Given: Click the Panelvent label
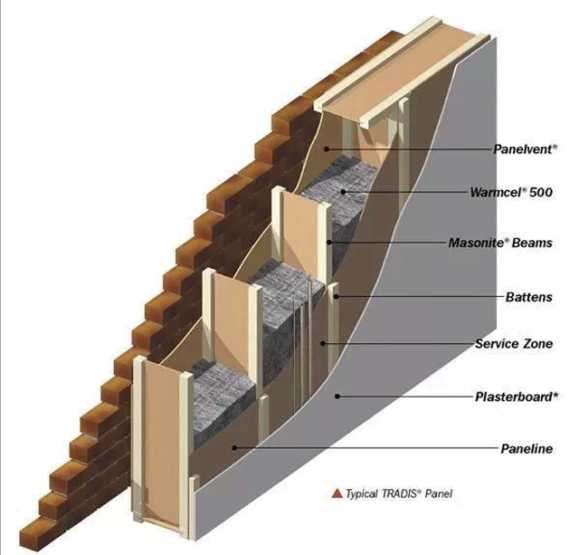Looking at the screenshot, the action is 526,149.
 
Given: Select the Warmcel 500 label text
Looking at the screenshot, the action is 511,192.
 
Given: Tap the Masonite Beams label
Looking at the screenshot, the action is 500,243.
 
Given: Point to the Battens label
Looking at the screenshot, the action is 529,297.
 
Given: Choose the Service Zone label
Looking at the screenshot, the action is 514,344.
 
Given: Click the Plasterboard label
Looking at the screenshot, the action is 517,397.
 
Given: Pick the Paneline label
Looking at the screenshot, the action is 527,449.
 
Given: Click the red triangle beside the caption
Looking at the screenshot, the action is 337,493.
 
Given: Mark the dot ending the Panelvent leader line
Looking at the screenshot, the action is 327,149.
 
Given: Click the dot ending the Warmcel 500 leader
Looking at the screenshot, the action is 343,192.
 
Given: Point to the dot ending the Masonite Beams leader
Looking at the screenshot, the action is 328,243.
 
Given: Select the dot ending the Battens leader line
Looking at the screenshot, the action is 337,297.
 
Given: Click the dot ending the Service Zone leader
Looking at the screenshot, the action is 323,344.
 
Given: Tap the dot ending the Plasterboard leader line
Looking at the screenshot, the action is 337,397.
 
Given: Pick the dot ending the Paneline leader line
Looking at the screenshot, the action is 234,448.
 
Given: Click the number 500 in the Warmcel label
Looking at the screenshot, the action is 541,192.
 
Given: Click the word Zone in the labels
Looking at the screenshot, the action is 537,344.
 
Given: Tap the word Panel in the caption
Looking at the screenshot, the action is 438,493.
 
